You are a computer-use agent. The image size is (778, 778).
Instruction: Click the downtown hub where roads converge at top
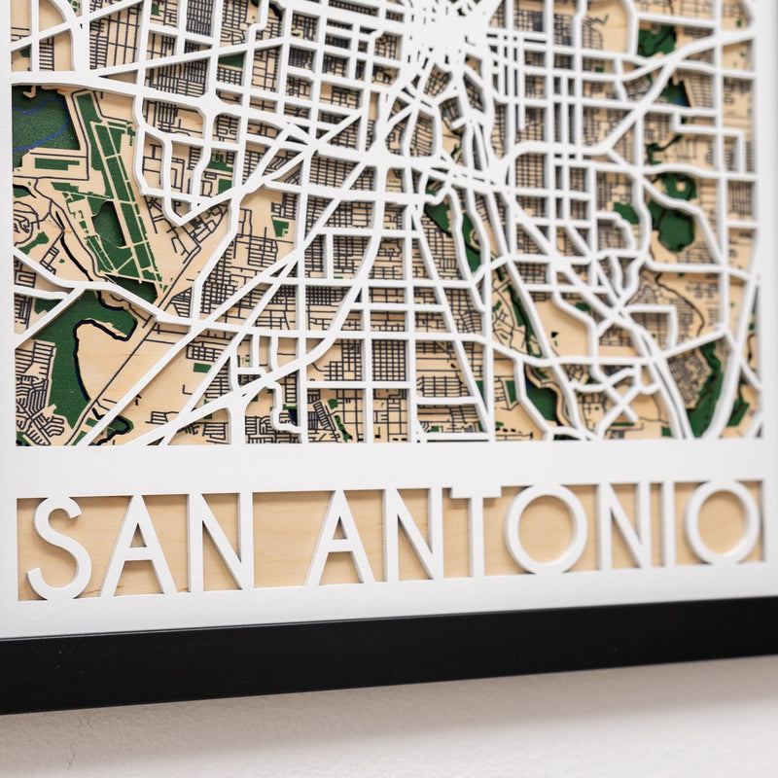[452, 39]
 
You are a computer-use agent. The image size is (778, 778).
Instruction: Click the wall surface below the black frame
[389, 739]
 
